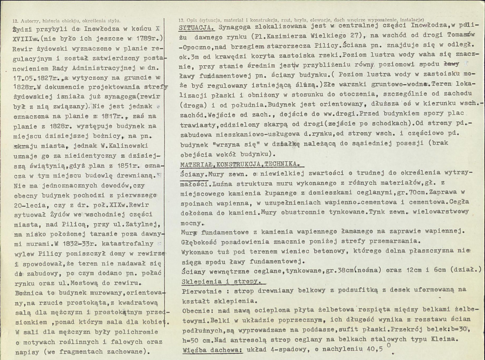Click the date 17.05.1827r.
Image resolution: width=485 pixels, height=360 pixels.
click(33, 78)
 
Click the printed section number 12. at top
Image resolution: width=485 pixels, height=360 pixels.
click(16, 20)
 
